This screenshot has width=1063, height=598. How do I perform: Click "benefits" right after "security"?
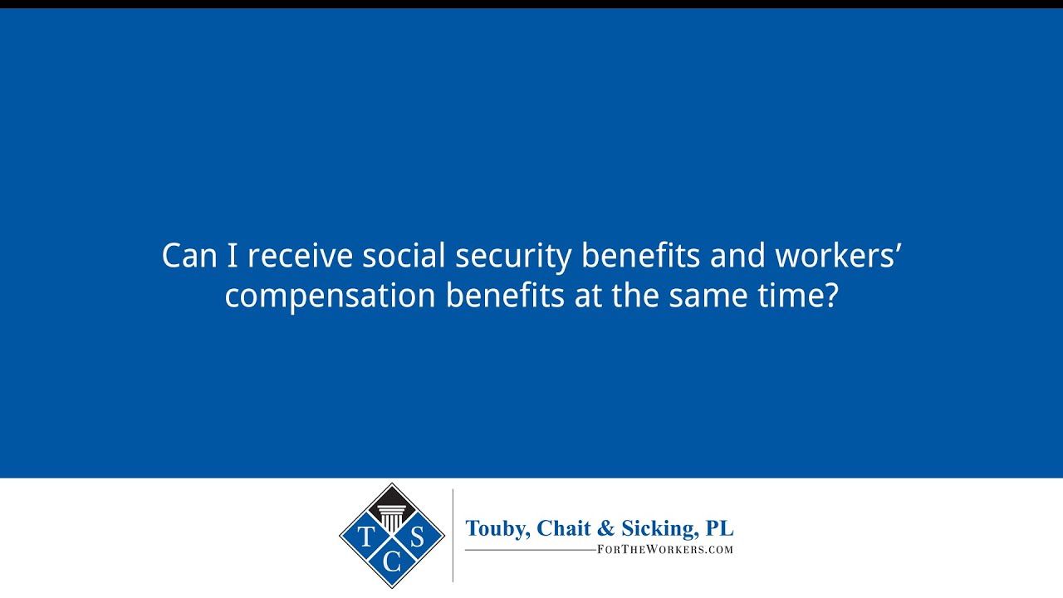pos(640,256)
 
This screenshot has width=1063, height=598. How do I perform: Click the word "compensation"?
pos(330,296)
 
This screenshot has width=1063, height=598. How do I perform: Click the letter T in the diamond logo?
pos(365,536)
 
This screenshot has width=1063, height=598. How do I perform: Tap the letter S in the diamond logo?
pos(418,536)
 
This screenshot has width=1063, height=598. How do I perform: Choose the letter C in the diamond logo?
pos(392,562)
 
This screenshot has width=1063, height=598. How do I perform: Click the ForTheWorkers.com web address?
pos(665,549)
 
